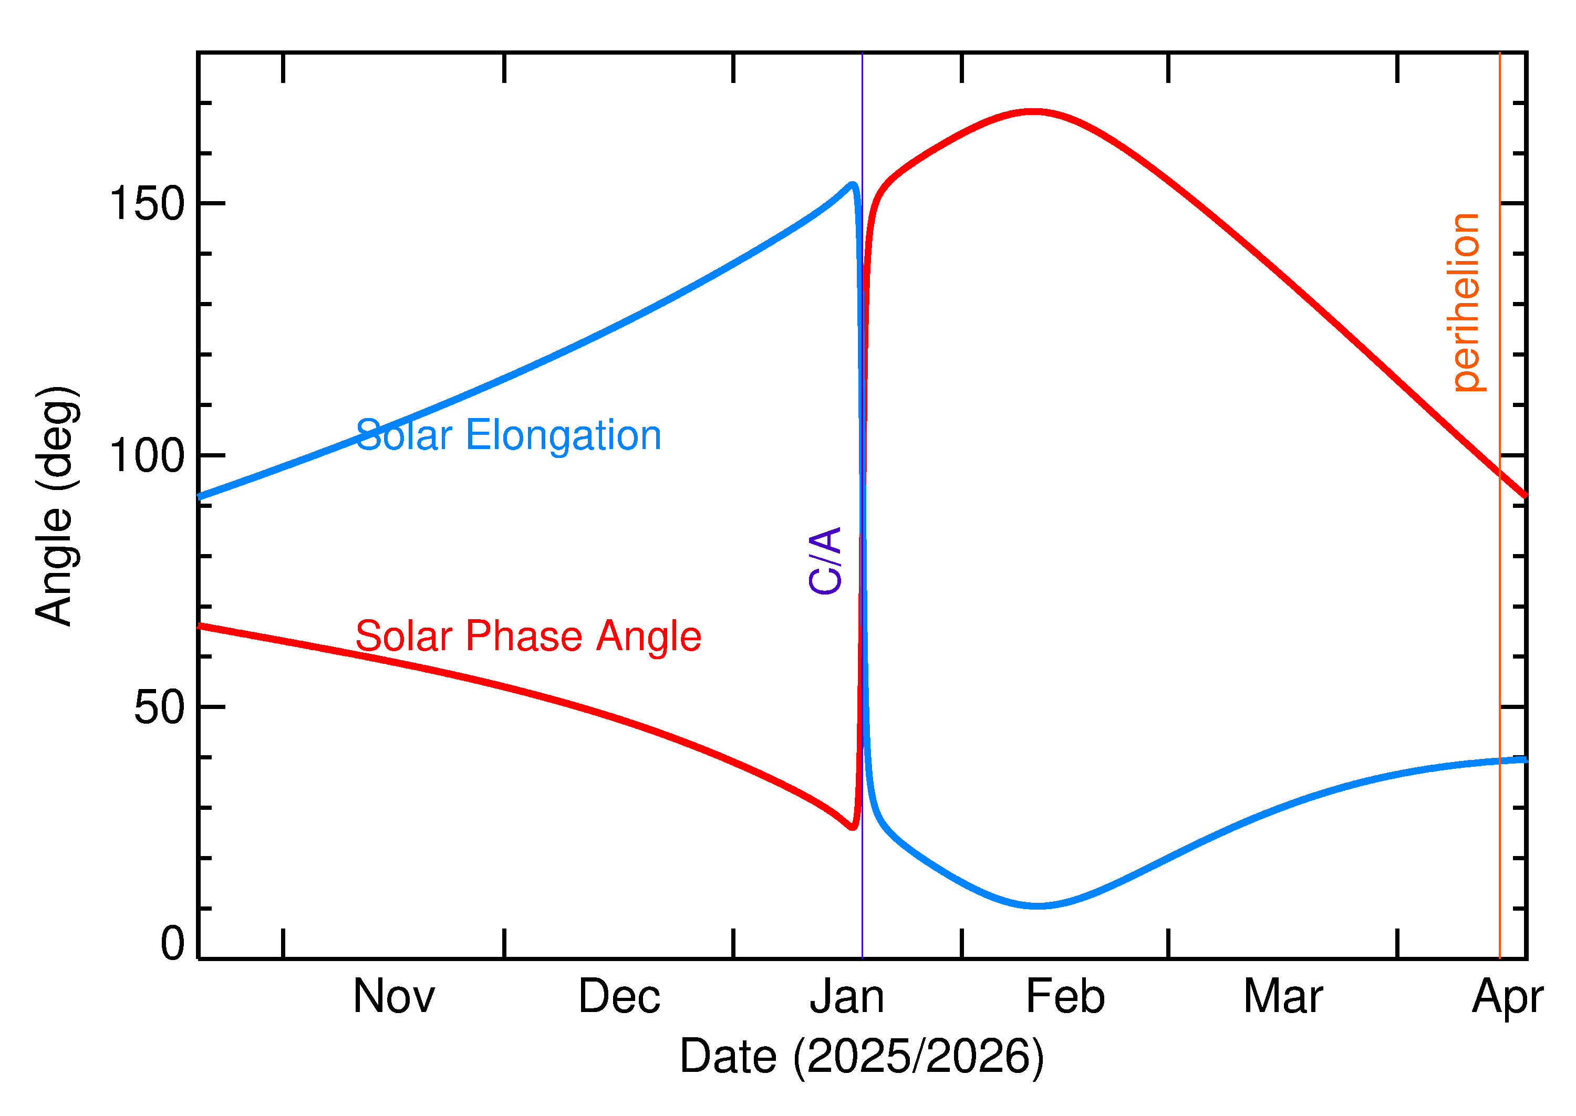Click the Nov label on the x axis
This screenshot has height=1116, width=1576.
(x=394, y=997)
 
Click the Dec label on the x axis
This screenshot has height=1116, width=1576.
(x=619, y=997)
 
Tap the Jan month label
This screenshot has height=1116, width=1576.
(x=847, y=997)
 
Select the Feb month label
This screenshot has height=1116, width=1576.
(x=1065, y=997)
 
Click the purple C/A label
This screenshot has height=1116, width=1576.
(x=825, y=561)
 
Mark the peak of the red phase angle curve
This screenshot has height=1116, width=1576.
(x=1033, y=111)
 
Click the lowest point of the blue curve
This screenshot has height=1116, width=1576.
(x=1039, y=906)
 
